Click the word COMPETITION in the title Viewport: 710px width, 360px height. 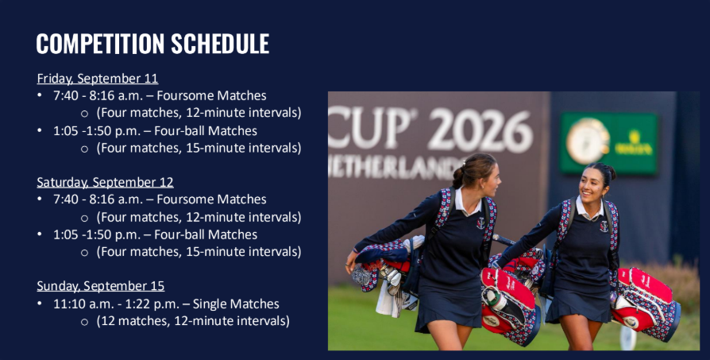tap(100, 44)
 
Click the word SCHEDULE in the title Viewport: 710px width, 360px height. tap(220, 44)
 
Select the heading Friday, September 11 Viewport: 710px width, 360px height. tap(98, 79)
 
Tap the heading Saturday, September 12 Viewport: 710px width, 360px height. tap(105, 182)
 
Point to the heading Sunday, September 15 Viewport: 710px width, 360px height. tap(101, 286)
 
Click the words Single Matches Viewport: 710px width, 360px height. tap(236, 304)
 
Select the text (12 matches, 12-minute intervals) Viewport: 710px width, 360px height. tap(193, 321)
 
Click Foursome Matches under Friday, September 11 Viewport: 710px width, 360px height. tap(211, 95)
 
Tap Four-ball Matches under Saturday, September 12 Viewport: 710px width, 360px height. tap(206, 234)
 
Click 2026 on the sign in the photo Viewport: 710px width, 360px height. tap(480, 130)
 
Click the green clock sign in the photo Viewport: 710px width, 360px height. tap(608, 142)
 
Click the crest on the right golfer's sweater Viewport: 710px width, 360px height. tap(604, 226)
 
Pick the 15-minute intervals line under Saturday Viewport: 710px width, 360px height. tap(199, 252)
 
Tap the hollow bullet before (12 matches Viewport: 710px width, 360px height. tap(84, 322)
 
